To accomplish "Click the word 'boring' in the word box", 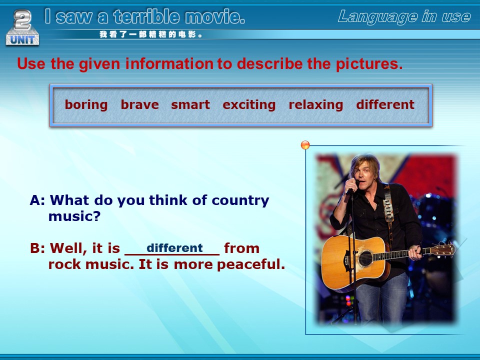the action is (x=86, y=105).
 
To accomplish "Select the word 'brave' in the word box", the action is (x=139, y=104).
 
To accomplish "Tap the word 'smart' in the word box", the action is (x=190, y=104).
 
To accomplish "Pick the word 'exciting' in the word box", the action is (x=249, y=105).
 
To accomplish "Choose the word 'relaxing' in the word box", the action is (x=315, y=105).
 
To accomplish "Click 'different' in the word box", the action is (x=385, y=104).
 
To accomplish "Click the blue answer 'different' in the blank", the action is (x=174, y=247).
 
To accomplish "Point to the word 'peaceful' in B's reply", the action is (x=250, y=264).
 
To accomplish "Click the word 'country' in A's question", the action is (x=240, y=201).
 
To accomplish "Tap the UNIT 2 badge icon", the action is (x=22, y=27).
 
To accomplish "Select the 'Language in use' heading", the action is (x=404, y=17).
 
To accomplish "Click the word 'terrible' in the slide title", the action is (x=146, y=16).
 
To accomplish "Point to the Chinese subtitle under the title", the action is (x=150, y=34).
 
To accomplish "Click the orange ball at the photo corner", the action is (x=305, y=145).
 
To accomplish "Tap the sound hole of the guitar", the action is (x=365, y=258).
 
